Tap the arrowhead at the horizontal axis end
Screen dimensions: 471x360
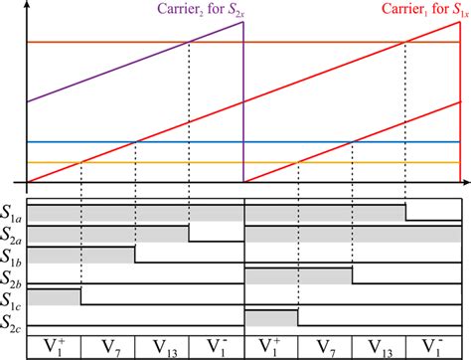pos(463,183)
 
